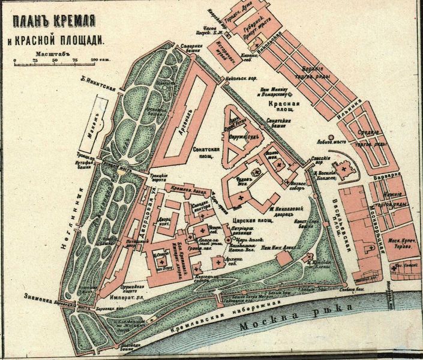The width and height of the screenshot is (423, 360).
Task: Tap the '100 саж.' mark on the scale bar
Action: click(95, 61)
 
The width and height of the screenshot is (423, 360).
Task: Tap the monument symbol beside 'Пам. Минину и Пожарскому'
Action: click(290, 94)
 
